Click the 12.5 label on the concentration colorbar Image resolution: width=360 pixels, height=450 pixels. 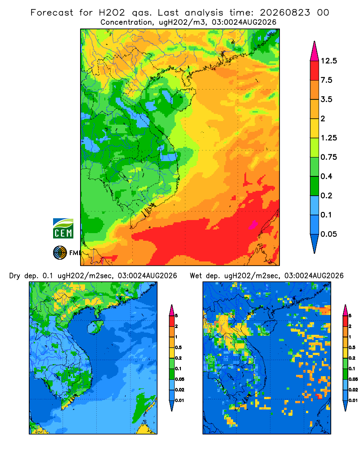point(328,61)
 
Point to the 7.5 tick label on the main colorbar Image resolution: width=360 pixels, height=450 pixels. point(326,80)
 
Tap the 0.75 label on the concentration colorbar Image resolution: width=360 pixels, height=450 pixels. point(328,157)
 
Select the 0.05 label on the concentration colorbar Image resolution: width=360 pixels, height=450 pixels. point(328,234)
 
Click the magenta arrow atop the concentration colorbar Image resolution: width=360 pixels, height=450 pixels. point(315,52)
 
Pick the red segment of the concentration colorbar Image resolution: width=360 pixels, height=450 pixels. point(315,71)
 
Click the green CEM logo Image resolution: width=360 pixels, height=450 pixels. point(63,229)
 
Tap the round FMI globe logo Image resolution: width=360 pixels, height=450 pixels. point(60,252)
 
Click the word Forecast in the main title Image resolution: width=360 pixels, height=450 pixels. point(52,12)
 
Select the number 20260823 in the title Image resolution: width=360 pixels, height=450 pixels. point(285,12)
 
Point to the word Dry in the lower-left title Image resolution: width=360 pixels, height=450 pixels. point(15,276)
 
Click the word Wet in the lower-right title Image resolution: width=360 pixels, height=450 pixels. point(196,276)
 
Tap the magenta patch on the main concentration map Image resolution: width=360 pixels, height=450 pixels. point(253,225)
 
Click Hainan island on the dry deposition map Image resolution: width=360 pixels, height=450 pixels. point(94,327)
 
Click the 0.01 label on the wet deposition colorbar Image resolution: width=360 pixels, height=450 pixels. point(353,400)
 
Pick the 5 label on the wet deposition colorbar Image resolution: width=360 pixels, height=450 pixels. point(350,315)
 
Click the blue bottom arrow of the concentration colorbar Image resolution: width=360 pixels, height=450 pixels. point(315,243)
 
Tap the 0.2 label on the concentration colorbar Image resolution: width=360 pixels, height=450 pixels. point(326,195)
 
